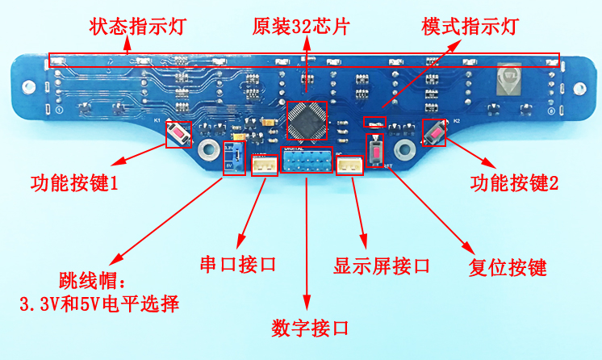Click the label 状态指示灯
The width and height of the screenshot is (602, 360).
pos(138,27)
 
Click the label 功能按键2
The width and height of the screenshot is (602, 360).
pos(514,183)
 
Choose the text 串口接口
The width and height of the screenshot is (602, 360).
pos(238,264)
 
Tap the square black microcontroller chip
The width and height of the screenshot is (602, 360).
pos(307,120)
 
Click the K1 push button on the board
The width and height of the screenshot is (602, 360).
pos(178,134)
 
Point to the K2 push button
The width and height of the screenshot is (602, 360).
pos(434,133)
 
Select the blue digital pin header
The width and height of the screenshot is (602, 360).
pos(307,164)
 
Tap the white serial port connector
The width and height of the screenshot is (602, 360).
pos(264,165)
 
